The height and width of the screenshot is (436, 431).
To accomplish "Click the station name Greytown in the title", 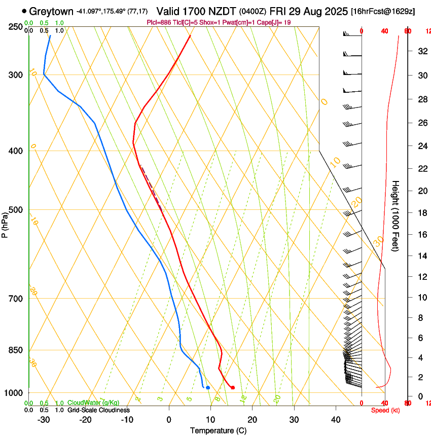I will tap(51, 11).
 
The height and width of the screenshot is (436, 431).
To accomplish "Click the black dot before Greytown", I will tap(24, 11).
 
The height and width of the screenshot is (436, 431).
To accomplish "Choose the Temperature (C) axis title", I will tap(218, 430).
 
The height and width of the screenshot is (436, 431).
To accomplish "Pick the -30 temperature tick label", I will tap(44, 419).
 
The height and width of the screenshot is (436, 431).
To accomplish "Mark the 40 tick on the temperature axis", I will tap(336, 419).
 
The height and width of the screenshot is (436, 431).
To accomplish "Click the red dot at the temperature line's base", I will tap(233, 388).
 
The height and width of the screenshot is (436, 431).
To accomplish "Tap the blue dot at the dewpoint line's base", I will tap(208, 388).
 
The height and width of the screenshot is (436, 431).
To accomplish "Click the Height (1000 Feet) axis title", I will tap(396, 215).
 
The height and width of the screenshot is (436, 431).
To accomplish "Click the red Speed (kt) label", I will tap(385, 410).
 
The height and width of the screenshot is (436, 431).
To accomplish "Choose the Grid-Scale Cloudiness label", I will tap(98, 410).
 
